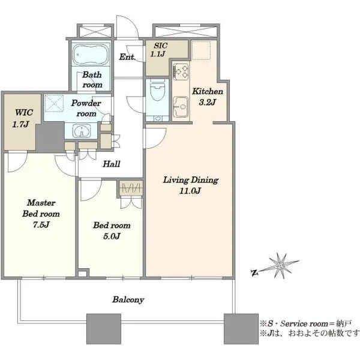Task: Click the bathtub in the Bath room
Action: click(91, 55)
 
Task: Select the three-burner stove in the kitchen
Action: click(181, 71)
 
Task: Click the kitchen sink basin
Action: click(181, 107)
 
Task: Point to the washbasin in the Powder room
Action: click(81, 131)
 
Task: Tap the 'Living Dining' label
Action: click(191, 180)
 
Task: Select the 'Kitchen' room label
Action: click(208, 91)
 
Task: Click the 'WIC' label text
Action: click(24, 113)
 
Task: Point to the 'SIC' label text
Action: click(160, 46)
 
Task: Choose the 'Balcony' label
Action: click(128, 299)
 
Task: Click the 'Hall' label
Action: click(112, 164)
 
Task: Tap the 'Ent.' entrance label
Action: click(127, 57)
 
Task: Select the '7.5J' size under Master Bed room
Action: click(41, 224)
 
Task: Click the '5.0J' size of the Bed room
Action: click(112, 236)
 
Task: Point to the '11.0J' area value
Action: click(190, 191)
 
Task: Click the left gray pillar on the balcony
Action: click(104, 329)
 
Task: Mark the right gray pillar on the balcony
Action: click(241, 329)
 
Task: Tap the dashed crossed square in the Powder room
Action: click(54, 103)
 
